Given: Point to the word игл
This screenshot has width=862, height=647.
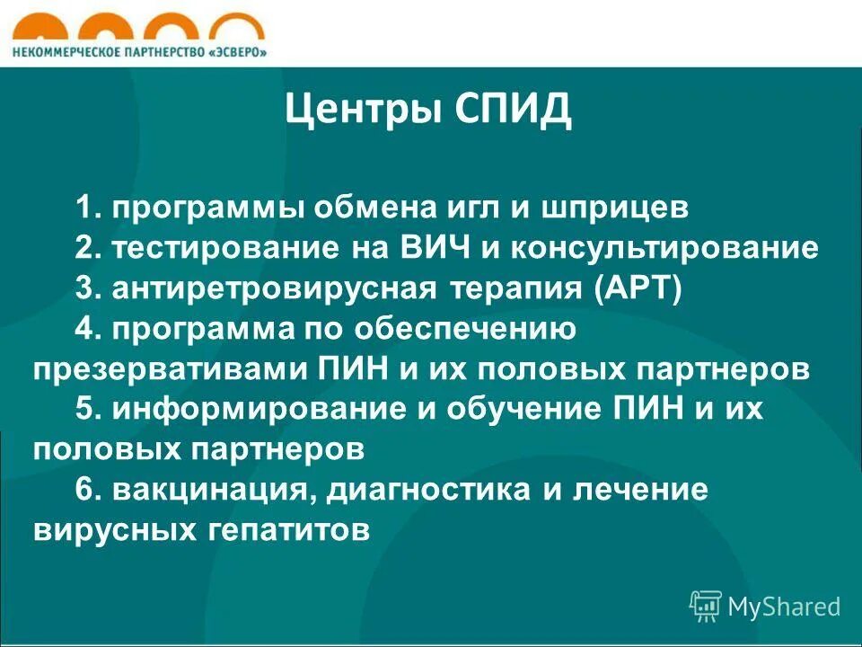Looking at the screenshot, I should click(466, 208).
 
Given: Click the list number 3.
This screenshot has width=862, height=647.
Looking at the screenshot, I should click(85, 288).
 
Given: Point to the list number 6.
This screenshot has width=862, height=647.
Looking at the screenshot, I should click(85, 491).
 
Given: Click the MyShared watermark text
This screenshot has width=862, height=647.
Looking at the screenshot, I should click(783, 607).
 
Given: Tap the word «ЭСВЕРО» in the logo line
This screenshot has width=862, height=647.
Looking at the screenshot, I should click(237, 51).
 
